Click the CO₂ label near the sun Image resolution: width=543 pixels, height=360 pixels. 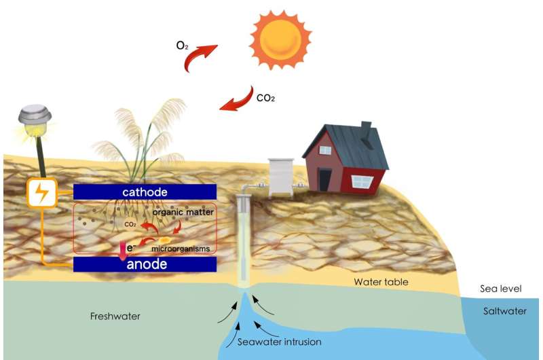[265, 97]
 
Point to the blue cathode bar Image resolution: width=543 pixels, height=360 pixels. [145, 192]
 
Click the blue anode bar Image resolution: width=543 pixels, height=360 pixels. [145, 264]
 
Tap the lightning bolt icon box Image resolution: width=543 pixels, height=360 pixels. [41, 193]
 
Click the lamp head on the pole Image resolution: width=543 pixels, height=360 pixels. [35, 117]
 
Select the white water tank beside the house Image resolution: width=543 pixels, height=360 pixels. [280, 177]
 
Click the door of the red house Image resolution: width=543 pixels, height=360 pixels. [326, 179]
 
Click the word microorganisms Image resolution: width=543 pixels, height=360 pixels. [181, 249]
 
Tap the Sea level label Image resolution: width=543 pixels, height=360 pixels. [501, 289]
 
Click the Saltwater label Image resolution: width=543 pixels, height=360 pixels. [503, 311]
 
